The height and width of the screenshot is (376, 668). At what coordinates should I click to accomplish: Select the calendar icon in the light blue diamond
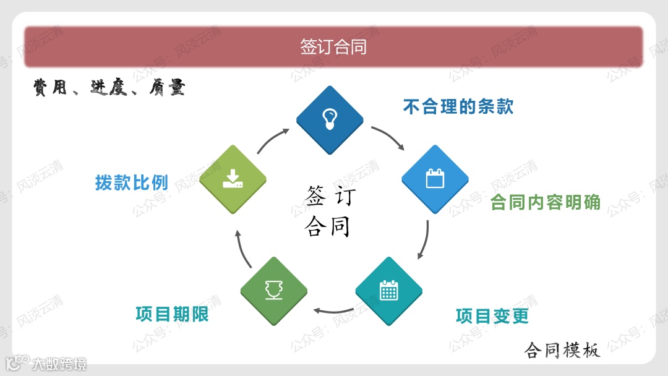pyautogui.click(x=435, y=179)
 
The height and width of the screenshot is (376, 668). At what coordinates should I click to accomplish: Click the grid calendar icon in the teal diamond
pyautogui.click(x=388, y=291)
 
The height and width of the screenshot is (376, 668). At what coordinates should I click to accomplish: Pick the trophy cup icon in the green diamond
pyautogui.click(x=273, y=290)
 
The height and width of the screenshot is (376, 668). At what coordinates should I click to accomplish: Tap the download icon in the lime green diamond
pyautogui.click(x=233, y=179)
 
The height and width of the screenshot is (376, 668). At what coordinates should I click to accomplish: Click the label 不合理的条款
pyautogui.click(x=458, y=107)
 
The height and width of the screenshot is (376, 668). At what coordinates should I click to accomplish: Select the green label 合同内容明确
pyautogui.click(x=546, y=202)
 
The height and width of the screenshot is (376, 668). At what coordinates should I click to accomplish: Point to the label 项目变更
pyautogui.click(x=492, y=316)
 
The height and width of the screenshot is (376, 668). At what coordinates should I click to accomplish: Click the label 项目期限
pyautogui.click(x=172, y=314)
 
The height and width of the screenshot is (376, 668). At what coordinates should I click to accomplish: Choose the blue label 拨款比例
pyautogui.click(x=131, y=182)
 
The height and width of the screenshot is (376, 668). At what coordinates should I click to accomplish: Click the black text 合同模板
pyautogui.click(x=562, y=351)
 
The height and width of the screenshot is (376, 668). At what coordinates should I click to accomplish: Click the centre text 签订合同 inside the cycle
pyautogui.click(x=330, y=211)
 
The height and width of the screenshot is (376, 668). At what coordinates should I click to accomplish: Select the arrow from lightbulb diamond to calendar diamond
pyautogui.click(x=388, y=137)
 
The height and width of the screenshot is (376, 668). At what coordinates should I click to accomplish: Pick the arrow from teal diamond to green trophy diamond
pyautogui.click(x=332, y=309)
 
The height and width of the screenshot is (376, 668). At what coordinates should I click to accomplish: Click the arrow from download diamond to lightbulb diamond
pyautogui.click(x=273, y=140)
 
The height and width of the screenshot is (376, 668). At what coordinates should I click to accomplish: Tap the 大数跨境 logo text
pyautogui.click(x=59, y=364)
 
